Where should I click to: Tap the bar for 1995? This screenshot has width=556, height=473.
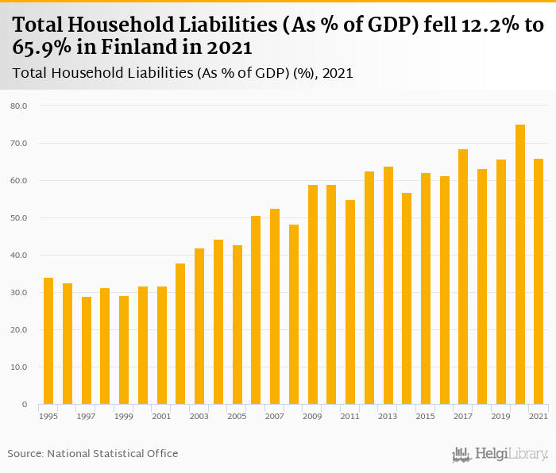pyautogui.click(x=48, y=341)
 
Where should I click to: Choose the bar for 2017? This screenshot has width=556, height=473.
pyautogui.click(x=463, y=277)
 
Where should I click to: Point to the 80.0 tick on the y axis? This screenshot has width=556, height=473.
pyautogui.click(x=19, y=106)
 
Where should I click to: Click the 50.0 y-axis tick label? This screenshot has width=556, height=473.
pyautogui.click(x=19, y=217)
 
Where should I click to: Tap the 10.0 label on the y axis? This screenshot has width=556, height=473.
pyautogui.click(x=19, y=367)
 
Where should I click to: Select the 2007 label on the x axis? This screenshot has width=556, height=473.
pyautogui.click(x=275, y=416)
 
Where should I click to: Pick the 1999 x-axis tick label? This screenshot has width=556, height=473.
pyautogui.click(x=124, y=416)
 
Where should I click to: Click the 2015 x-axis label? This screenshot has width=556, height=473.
pyautogui.click(x=426, y=416)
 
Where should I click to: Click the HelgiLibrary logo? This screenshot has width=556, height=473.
pyautogui.click(x=500, y=455)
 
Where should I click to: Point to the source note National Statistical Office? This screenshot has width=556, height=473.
pyautogui.click(x=113, y=454)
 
